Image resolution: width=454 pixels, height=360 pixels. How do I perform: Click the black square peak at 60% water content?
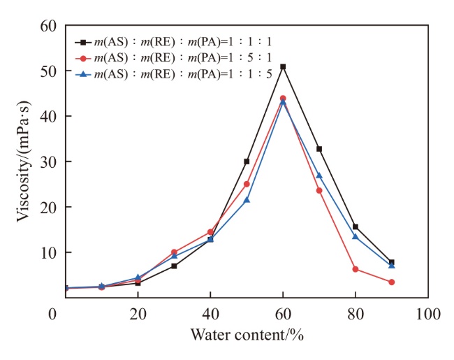click(x=283, y=66)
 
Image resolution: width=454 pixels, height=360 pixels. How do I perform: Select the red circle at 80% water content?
click(x=356, y=269)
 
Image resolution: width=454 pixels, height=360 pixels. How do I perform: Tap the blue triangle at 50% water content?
click(x=247, y=200)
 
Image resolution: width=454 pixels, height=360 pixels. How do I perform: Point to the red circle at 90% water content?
click(x=392, y=282)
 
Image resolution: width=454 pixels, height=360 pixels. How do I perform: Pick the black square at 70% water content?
click(x=319, y=149)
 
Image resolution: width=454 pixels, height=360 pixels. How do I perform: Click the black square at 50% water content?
click(x=247, y=161)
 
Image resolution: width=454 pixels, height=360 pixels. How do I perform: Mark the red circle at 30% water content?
click(x=174, y=252)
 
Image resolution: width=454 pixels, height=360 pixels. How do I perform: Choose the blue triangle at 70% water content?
click(x=319, y=175)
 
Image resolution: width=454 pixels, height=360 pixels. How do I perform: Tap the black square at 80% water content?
click(x=356, y=226)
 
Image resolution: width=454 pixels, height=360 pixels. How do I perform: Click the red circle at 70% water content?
click(x=319, y=190)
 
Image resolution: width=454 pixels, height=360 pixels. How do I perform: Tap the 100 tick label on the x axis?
click(x=427, y=314)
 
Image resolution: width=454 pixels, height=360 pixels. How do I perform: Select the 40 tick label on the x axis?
click(x=210, y=314)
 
